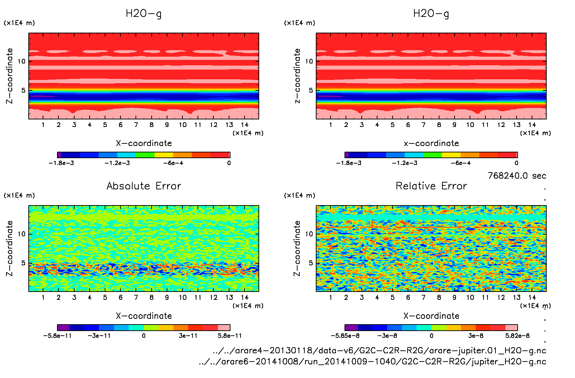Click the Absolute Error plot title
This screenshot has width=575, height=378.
pos(144,186)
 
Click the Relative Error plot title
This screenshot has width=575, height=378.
pos(431,186)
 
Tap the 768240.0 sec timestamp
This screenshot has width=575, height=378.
pos(517,176)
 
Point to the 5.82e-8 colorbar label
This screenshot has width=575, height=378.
pos(517,336)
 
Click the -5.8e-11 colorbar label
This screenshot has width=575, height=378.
pos(57,336)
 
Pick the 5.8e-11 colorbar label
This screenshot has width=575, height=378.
pos(230,336)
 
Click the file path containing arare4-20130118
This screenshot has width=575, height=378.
pos(379,350)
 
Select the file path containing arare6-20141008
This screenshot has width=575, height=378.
pos(372,362)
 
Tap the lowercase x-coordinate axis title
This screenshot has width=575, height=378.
pos(431,143)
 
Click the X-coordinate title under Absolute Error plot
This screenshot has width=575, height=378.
pos(144,316)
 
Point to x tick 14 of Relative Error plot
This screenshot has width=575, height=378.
pos(532,297)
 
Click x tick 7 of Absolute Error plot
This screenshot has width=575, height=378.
pos(136,297)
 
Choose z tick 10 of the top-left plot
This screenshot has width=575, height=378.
pos(22,61)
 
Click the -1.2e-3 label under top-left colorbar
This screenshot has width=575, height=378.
pos(117,163)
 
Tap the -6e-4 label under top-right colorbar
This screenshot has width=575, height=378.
pos(461,163)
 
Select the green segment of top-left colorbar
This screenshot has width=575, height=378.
pos(145,155)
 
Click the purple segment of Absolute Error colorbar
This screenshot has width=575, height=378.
pos(63,327)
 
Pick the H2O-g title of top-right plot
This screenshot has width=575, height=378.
pos(431,14)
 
